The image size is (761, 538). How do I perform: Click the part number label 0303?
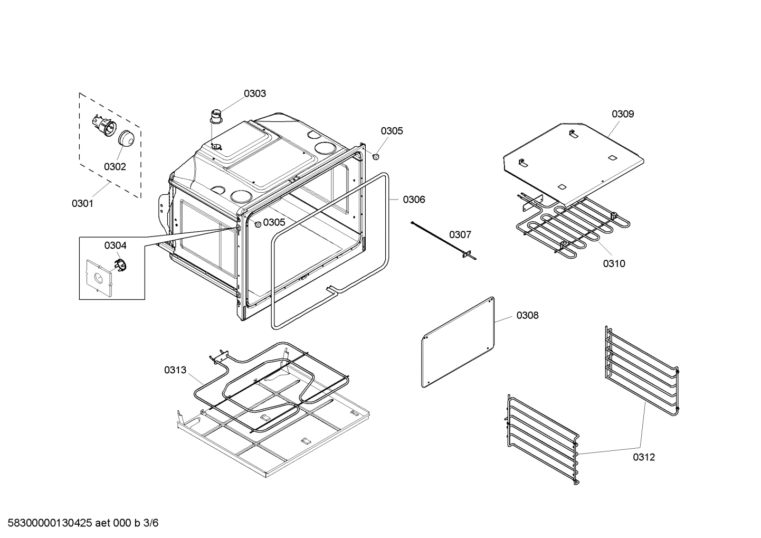pyautogui.click(x=254, y=93)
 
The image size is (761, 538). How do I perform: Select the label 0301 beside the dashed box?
pyautogui.click(x=82, y=203)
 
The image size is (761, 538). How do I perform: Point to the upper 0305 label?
pyautogui.click(x=392, y=131)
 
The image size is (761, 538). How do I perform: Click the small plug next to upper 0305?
pyautogui.click(x=376, y=157)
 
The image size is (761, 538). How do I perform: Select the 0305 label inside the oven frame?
pyautogui.click(x=274, y=222)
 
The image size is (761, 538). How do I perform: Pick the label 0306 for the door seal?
pyautogui.click(x=414, y=200)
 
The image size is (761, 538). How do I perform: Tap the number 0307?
pyautogui.click(x=460, y=234)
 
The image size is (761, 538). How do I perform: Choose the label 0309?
pyautogui.click(x=623, y=114)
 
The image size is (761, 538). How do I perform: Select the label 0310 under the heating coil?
pyautogui.click(x=614, y=263)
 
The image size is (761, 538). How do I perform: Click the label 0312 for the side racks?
pyautogui.click(x=644, y=457)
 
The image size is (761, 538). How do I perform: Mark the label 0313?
pyautogui.click(x=175, y=370)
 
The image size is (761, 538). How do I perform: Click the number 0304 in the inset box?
pyautogui.click(x=115, y=246)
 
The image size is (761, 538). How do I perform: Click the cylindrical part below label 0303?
pyautogui.click(x=216, y=116)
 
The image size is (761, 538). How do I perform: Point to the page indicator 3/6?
pyautogui.click(x=151, y=523)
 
